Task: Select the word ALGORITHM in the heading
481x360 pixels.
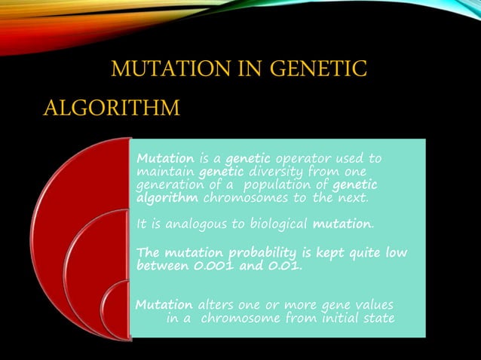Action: (111, 108)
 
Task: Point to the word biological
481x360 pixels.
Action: (274, 224)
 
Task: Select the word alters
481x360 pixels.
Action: (213, 304)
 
